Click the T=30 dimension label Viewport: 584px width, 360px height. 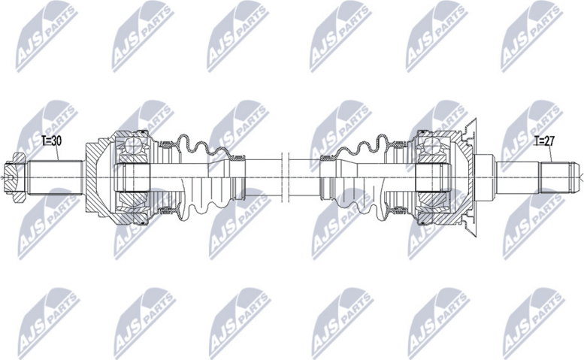(53, 141)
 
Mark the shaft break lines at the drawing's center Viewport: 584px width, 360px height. (283, 177)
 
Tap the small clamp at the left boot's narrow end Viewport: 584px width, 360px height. (239, 159)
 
